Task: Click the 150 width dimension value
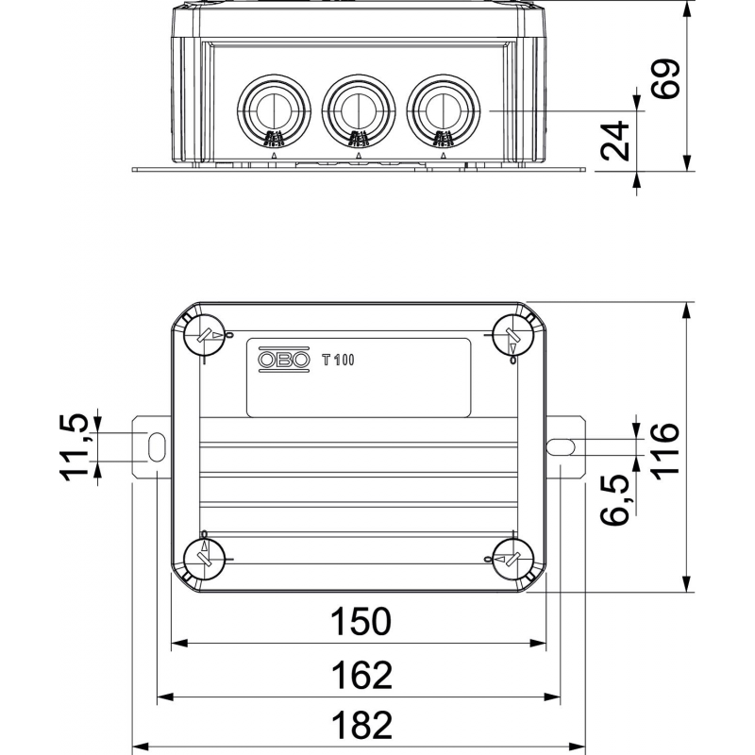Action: coord(360,622)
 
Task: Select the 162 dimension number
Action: coord(360,676)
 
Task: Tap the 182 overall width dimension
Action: coord(360,726)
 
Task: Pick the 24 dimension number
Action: coord(616,142)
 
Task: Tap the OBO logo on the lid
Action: coord(284,359)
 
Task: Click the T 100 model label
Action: coord(337,359)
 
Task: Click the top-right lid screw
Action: coord(514,332)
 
